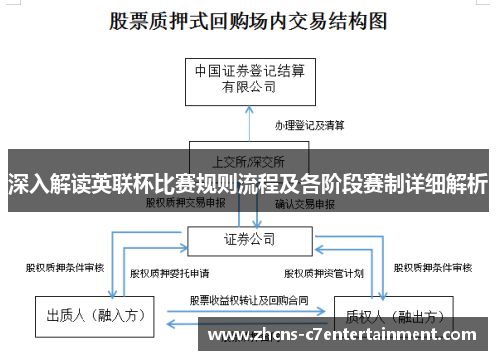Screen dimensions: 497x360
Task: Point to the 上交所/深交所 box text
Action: click(248, 160)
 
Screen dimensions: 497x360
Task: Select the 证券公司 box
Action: click(248, 240)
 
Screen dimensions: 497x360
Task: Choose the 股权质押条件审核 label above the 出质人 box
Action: click(65, 268)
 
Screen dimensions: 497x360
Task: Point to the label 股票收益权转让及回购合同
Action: click(248, 299)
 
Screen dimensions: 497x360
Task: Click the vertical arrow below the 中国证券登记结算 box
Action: click(248, 124)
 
